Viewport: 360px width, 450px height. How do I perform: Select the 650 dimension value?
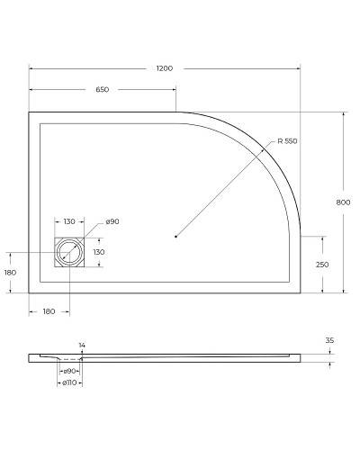(x=102, y=90)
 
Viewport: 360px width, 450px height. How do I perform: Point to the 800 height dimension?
(x=342, y=202)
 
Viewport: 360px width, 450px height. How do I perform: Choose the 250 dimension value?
(x=321, y=265)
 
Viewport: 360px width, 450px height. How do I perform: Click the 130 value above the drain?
(x=69, y=221)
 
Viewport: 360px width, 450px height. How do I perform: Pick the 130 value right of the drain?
(x=99, y=252)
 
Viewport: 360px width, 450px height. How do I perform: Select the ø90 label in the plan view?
(x=112, y=221)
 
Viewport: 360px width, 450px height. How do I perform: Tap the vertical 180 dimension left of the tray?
(x=11, y=273)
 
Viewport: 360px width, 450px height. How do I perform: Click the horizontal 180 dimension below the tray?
(x=49, y=310)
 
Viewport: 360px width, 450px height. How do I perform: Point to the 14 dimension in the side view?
(x=82, y=346)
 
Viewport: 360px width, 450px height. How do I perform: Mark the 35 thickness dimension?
(x=329, y=341)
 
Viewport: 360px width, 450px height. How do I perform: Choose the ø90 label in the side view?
(x=69, y=371)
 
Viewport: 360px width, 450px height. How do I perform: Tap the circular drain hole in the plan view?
(x=68, y=253)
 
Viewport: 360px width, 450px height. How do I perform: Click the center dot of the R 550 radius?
(x=175, y=237)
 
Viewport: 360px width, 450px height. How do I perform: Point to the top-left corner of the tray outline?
(x=30, y=112)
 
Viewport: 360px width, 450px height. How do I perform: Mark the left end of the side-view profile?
(x=30, y=357)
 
